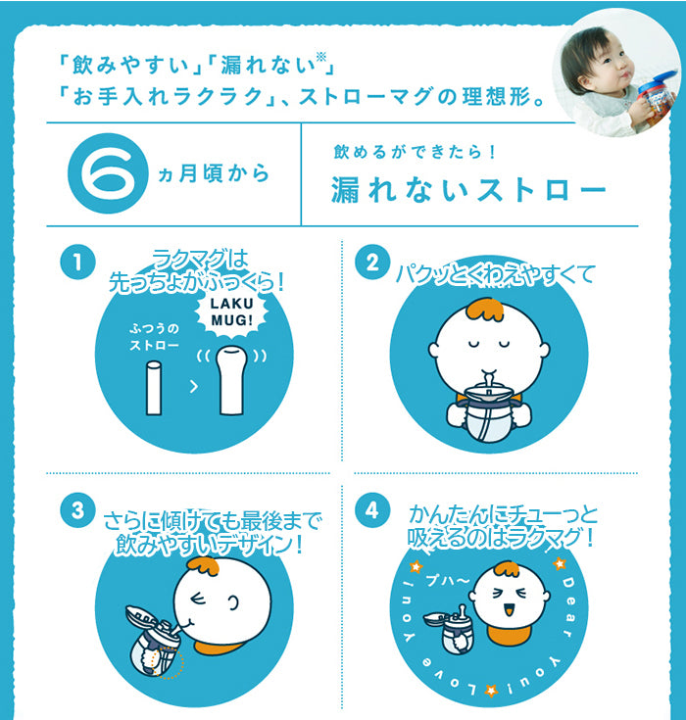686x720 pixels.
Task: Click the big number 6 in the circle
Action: (x=108, y=173)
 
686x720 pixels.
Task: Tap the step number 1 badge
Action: (x=78, y=263)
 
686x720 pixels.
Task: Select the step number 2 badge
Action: (x=372, y=263)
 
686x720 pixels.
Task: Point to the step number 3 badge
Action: (x=78, y=510)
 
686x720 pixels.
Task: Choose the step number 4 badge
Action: (x=372, y=510)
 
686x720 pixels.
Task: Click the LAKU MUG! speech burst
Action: (x=231, y=312)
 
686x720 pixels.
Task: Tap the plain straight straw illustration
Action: (x=154, y=389)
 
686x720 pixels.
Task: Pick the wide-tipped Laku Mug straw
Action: (x=231, y=380)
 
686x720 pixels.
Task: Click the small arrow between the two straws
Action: (x=194, y=387)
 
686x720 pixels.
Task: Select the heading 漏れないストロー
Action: (x=469, y=190)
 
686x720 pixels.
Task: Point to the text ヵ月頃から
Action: (x=214, y=174)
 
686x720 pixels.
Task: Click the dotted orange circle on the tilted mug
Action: (x=169, y=662)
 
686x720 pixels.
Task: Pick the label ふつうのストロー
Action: (x=154, y=337)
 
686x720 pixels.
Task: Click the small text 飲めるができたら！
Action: (x=415, y=152)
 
